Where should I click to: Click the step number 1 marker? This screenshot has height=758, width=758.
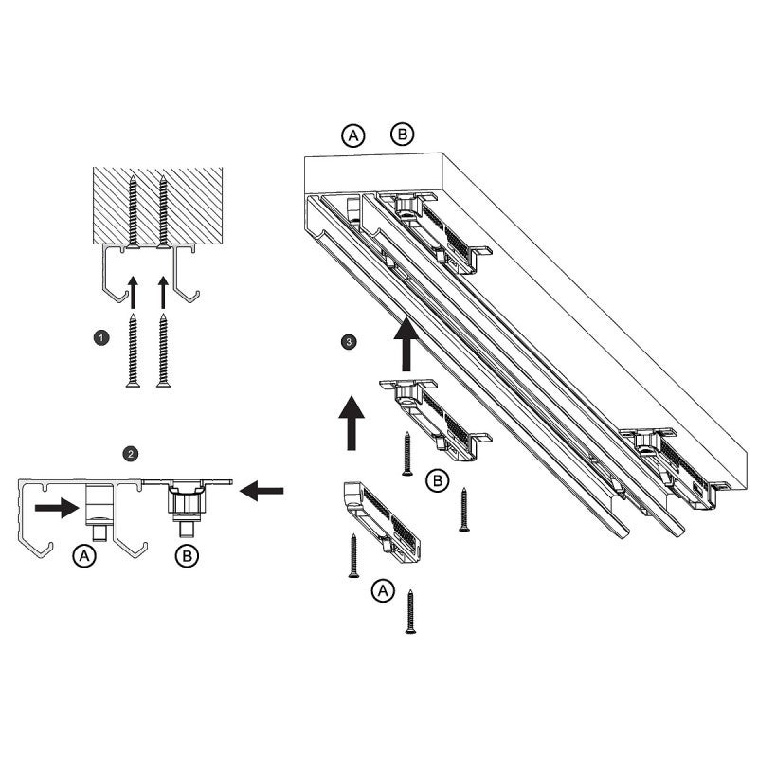[101, 336]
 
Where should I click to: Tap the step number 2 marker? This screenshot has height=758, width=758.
[129, 454]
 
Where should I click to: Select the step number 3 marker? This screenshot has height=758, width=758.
[351, 340]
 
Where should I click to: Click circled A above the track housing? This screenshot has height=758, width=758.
[353, 136]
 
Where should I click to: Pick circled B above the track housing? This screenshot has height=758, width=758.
[402, 136]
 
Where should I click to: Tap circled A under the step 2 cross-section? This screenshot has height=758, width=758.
[85, 557]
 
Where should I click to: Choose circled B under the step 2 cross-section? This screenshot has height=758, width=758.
[188, 557]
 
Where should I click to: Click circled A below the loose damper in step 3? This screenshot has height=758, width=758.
[382, 591]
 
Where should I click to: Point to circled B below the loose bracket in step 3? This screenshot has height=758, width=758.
[437, 481]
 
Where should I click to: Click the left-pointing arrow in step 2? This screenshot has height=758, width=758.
[262, 490]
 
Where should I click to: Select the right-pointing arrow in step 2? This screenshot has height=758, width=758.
[58, 509]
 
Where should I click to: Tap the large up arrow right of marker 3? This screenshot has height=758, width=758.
[407, 344]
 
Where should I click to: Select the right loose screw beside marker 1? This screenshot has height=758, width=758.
[164, 350]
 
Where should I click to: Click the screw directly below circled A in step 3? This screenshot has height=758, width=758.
[410, 611]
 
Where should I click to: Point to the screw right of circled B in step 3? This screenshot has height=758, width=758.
[464, 509]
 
